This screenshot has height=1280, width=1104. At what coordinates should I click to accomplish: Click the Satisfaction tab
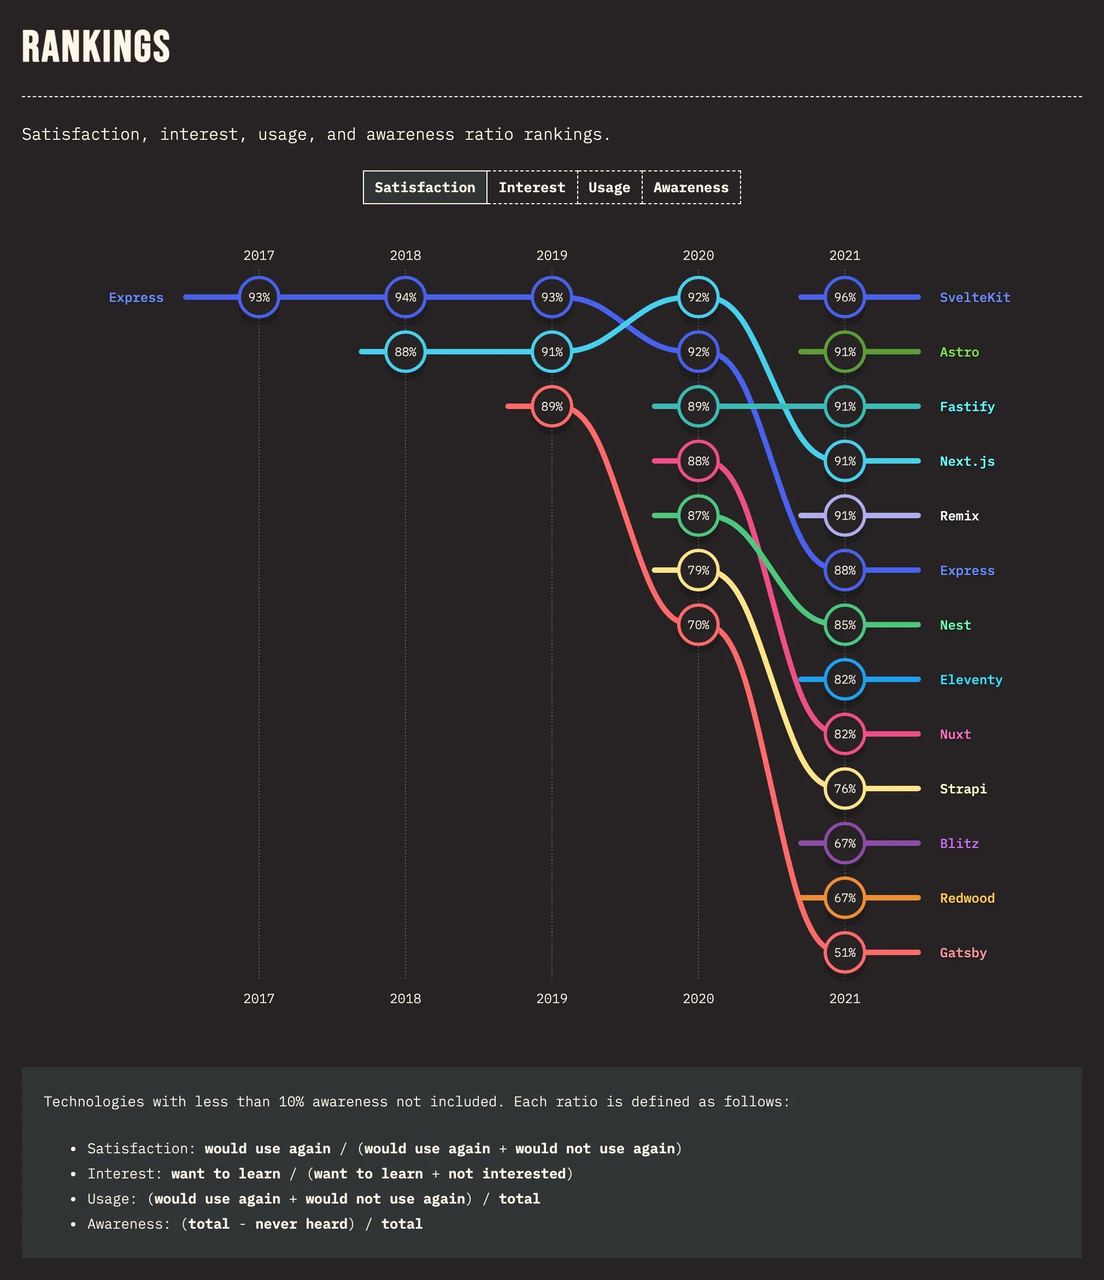pos(425,187)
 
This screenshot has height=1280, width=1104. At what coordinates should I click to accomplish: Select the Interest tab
pos(532,187)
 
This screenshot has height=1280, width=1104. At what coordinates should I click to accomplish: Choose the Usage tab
pos(609,187)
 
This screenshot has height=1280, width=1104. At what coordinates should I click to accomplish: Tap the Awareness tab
pos(690,187)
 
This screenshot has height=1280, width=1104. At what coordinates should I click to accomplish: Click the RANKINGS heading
pos(96,46)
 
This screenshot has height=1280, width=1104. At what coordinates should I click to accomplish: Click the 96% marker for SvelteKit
pos(844,297)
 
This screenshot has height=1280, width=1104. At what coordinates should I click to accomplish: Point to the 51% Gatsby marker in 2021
pos(844,952)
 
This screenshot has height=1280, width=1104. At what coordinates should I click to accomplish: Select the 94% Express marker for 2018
pos(405,297)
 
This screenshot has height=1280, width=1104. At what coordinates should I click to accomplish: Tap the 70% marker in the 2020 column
pos(698,625)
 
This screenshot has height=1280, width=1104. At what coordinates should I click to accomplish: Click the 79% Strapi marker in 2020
pos(698,570)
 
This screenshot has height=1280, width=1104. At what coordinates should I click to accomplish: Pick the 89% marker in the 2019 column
pos(551,406)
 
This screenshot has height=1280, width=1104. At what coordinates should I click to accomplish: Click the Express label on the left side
pos(136,297)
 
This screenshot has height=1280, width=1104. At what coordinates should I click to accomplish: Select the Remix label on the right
pos(959,516)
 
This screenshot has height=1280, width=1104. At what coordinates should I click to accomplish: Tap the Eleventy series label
pos(971,679)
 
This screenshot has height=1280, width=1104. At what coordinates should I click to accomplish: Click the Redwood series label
pos(967,898)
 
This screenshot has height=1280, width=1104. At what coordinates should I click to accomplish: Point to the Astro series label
pos(959,352)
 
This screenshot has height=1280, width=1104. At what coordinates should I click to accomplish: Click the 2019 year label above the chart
pos(551,255)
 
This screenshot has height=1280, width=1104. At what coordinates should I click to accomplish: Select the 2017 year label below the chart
pos(259,998)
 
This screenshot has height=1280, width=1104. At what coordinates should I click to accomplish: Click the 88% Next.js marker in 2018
pos(405,352)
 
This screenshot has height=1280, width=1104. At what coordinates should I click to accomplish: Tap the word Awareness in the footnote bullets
pos(127,1224)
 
